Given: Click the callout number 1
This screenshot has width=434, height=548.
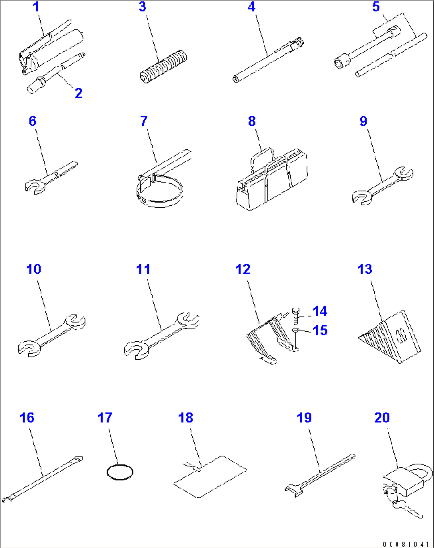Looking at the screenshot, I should pos(36,7).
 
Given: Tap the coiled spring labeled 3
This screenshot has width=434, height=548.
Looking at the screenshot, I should pos(164,67).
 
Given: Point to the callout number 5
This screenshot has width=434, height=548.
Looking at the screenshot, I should pos(376,7).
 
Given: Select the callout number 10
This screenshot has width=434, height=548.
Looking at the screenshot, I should pos(33,269).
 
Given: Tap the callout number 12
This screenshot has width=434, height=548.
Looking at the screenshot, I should pos(243,269).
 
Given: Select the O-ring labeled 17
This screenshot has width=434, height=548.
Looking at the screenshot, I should pos(120,472).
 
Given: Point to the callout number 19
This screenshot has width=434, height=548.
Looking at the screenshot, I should pos(304,418).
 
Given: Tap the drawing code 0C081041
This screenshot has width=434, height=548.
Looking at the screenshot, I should pos(405,544).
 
